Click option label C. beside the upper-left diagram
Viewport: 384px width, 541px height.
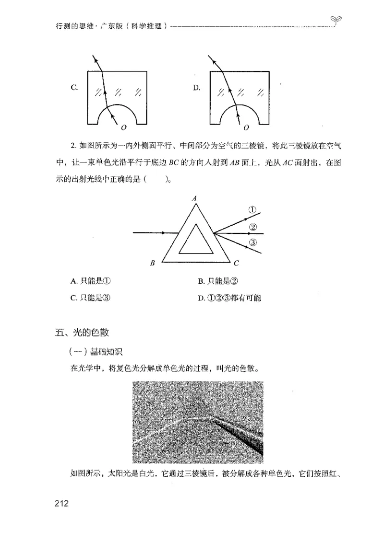(x=74, y=87)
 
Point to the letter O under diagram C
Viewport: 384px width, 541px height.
(x=124, y=128)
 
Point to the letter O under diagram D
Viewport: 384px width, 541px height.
(x=246, y=128)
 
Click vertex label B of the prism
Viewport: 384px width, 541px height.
(x=152, y=263)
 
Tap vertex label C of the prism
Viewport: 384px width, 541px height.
(x=236, y=263)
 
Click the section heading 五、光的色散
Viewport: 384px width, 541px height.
(x=82, y=332)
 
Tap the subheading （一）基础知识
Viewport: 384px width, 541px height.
(x=96, y=352)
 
